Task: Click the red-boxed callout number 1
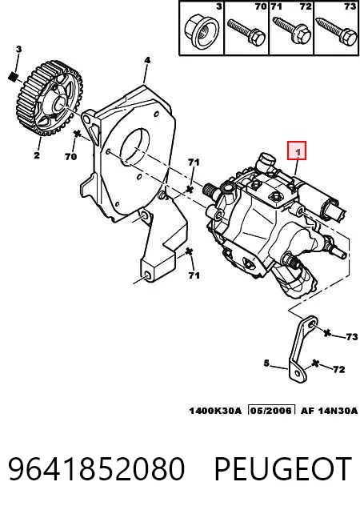pyautogui.click(x=298, y=151)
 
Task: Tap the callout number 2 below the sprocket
pyautogui.click(x=37, y=155)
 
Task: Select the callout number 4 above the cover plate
pyautogui.click(x=147, y=60)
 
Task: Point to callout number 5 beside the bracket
pyautogui.click(x=266, y=363)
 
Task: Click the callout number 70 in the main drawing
pyautogui.click(x=70, y=156)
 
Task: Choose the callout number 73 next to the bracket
pyautogui.click(x=351, y=336)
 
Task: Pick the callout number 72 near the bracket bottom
pyautogui.click(x=339, y=369)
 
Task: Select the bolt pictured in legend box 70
pyautogui.click(x=246, y=32)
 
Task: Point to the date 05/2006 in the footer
pyautogui.click(x=271, y=411)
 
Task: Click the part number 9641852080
pyautogui.click(x=97, y=468)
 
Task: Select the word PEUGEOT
pyautogui.click(x=282, y=468)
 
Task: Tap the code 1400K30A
pyautogui.click(x=215, y=411)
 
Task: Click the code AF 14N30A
pyautogui.click(x=329, y=411)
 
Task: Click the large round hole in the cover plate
pyautogui.click(x=135, y=146)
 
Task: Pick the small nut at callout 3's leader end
pyautogui.click(x=13, y=77)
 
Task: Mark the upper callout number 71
pyautogui.click(x=194, y=163)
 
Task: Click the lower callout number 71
pyautogui.click(x=194, y=275)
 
